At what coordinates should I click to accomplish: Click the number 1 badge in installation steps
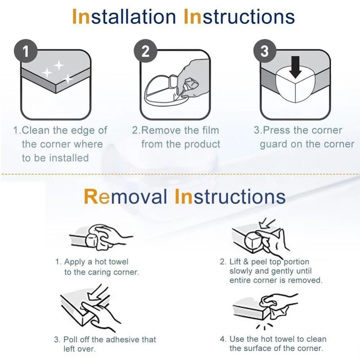coord(26,51)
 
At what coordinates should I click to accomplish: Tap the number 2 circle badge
coord(145,51)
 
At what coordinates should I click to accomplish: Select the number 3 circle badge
coord(265,51)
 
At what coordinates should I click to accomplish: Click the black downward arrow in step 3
coord(296,67)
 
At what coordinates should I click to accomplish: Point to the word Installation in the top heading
coord(124,17)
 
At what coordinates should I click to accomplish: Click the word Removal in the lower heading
coord(125,197)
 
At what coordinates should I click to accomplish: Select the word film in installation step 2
coord(211,130)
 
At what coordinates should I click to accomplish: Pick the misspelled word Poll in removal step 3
coord(71,339)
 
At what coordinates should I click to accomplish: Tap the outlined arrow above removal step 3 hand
coord(97,292)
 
